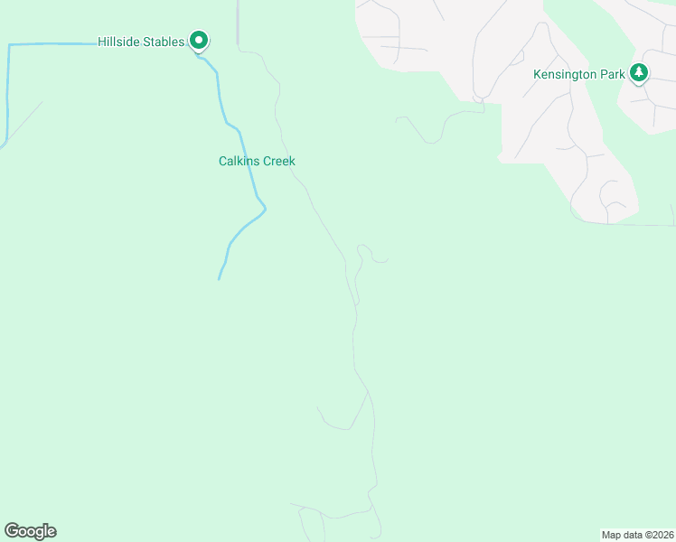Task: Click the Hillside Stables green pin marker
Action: [x=199, y=42]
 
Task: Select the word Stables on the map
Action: [x=164, y=42]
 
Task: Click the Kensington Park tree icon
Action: [x=639, y=73]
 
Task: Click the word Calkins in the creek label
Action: [x=239, y=162]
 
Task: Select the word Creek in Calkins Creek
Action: [x=278, y=162]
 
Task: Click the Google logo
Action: [x=30, y=531]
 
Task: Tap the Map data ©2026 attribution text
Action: [x=637, y=535]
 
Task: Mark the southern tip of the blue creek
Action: [x=219, y=278]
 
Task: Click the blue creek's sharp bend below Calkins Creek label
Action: [x=265, y=209]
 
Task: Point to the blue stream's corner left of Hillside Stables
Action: [x=9, y=44]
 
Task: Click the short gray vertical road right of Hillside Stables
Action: [x=238, y=23]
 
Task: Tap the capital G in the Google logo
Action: [x=12, y=531]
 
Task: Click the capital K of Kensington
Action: [x=537, y=74]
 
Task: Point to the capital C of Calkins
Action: [x=223, y=162]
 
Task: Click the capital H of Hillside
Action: [x=102, y=42]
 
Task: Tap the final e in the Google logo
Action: [x=52, y=532]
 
